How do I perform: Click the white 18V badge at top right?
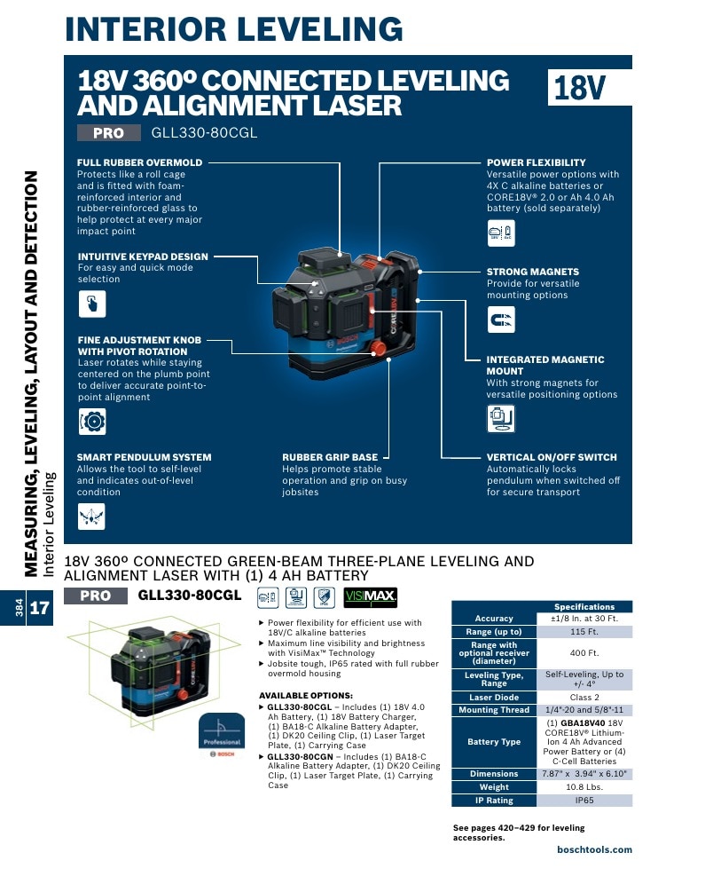590,87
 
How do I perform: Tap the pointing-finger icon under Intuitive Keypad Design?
92,304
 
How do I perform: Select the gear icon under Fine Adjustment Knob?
92,421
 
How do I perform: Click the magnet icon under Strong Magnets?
501,320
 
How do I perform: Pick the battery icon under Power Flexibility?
501,233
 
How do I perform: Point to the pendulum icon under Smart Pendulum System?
91,516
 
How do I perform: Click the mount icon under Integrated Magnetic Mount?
501,419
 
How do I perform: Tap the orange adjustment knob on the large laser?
378,348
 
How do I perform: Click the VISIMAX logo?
371,597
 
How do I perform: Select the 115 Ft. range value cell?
584,631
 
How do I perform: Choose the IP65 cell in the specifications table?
584,800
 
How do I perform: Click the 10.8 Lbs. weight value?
584,787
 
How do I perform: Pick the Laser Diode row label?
494,698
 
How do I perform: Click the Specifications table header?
584,606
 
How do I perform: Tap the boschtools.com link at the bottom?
595,849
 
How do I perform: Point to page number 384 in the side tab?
20,608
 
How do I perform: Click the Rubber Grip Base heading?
330,457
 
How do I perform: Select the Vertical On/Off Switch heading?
552,457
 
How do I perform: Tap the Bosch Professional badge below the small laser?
222,735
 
